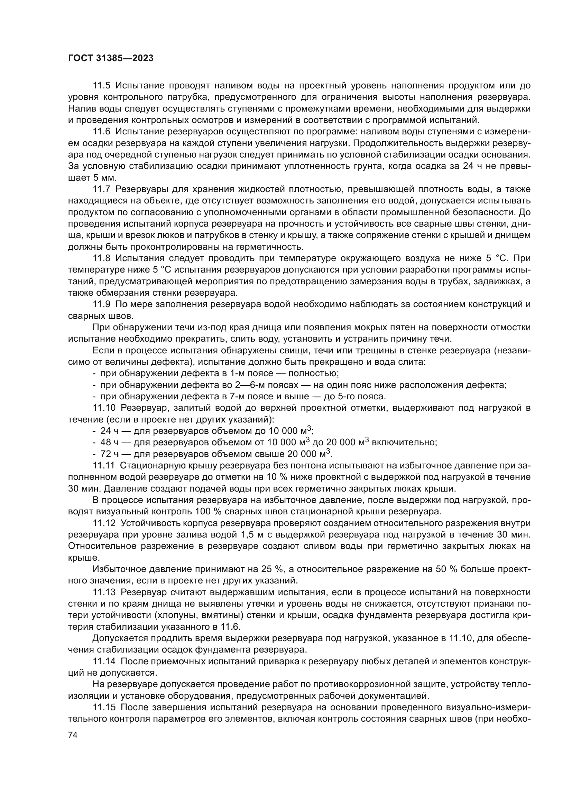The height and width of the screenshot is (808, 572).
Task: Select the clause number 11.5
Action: (x=101, y=86)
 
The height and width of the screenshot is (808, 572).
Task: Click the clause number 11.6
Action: (x=101, y=132)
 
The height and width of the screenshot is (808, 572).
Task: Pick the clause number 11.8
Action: (x=101, y=258)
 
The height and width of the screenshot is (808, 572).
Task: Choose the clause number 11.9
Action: (x=101, y=304)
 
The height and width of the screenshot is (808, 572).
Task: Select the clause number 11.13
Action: (x=104, y=593)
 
